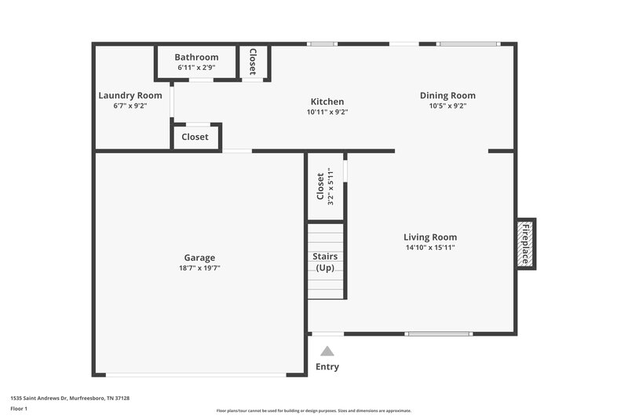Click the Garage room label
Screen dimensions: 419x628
click(x=199, y=258)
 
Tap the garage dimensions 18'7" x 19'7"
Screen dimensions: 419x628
click(x=199, y=268)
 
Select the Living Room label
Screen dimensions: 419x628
click(x=430, y=237)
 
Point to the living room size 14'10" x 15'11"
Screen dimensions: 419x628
click(x=430, y=248)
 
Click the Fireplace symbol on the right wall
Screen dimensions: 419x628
click(x=526, y=244)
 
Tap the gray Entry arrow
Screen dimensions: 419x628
click(x=327, y=351)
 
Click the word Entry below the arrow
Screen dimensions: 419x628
click(x=327, y=366)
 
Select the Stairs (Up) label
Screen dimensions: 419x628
click(x=325, y=262)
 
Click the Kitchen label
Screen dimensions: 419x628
click(x=327, y=101)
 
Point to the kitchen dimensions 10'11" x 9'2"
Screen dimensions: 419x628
click(x=327, y=112)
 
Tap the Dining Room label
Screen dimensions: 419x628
click(x=447, y=96)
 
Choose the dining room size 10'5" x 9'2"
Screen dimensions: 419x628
click(x=447, y=106)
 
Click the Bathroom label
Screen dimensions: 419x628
click(x=196, y=57)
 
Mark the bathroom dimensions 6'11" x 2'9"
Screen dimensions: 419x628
click(x=196, y=68)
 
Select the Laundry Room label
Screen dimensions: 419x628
click(x=130, y=96)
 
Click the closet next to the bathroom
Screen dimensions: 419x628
click(x=253, y=61)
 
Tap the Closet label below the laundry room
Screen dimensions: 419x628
click(x=195, y=137)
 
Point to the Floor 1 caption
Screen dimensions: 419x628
click(x=18, y=409)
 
